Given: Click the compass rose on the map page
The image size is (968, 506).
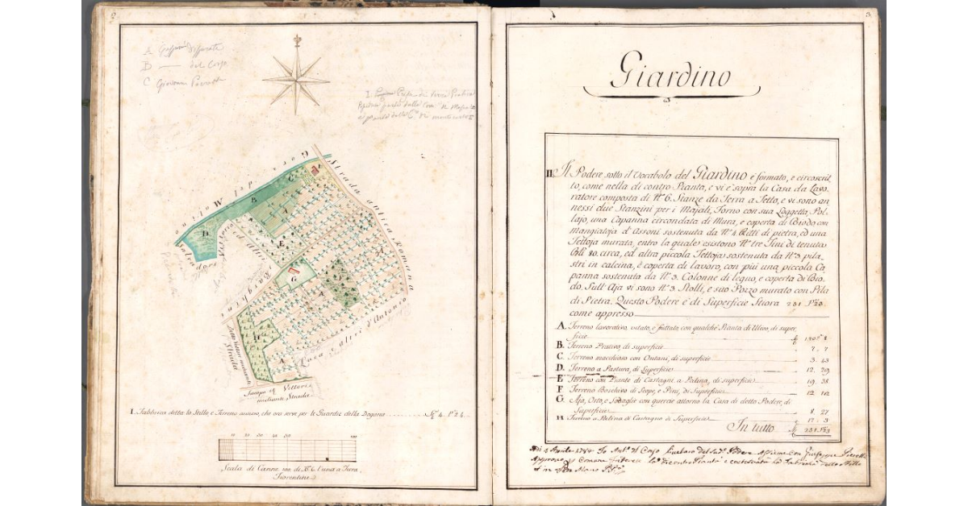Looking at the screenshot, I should tap(296, 78).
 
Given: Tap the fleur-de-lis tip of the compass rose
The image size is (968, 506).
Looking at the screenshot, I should tap(296, 39).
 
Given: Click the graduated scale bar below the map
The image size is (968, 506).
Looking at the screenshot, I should tap(288, 450).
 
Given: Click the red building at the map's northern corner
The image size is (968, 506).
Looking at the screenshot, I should tap(315, 169).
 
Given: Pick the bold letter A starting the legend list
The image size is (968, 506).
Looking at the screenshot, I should tap(561, 326).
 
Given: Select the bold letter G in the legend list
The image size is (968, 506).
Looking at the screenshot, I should tap(561, 400).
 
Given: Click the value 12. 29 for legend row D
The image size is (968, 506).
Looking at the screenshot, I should tap(815, 368).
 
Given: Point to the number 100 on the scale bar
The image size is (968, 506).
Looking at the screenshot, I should tap(353, 437).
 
